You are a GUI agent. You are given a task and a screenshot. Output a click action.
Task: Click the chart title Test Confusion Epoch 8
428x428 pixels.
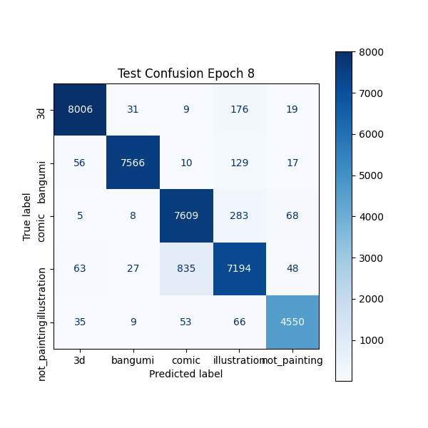coord(186,73)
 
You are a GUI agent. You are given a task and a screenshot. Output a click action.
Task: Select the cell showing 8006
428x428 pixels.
coord(80,109)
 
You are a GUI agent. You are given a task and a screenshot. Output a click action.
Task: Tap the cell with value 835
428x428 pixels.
coord(186,268)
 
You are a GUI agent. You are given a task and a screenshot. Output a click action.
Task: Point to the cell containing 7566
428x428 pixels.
coord(133,163)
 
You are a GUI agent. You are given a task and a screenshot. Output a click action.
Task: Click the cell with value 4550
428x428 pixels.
coord(292,322)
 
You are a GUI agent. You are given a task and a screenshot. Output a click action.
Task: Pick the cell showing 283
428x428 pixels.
coord(239,215)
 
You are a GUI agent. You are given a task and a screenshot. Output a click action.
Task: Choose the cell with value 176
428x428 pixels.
coord(239,109)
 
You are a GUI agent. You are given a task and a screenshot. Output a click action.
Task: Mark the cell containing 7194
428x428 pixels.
coord(239,268)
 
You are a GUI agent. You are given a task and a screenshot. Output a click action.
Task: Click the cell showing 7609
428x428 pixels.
coord(186,215)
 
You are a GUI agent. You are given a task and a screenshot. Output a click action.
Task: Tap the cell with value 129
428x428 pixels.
coord(239,163)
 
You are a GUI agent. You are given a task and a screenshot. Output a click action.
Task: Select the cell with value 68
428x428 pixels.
coord(292,215)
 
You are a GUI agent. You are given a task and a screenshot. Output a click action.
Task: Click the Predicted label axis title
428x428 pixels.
coord(186,374)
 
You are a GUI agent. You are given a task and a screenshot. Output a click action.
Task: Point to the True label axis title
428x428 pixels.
coord(27,216)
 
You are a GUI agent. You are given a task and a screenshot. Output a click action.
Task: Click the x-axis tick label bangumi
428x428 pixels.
coord(133,361)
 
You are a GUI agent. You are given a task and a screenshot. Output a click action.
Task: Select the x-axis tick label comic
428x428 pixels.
coord(186,361)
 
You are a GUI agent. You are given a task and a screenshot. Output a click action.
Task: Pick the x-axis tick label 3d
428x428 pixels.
coord(80,361)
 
